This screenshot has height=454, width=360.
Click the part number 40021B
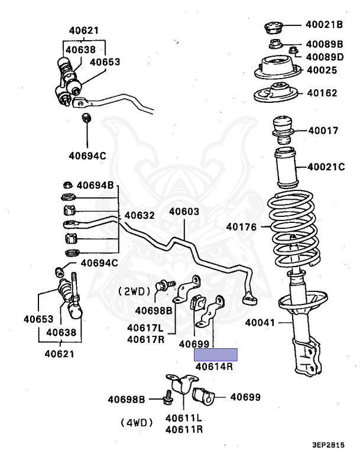[x=324, y=25]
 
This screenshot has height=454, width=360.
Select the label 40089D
[x=325, y=57]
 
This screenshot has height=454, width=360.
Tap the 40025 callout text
[x=321, y=70]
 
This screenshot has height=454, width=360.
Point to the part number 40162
[x=321, y=93]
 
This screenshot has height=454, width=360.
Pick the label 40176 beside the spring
[x=241, y=226]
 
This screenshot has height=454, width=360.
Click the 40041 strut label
[x=261, y=323]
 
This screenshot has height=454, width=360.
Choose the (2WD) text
[x=136, y=291]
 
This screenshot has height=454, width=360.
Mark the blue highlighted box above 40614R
[x=216, y=355]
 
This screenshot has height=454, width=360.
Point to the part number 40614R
[x=215, y=367]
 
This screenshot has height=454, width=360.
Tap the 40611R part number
[x=184, y=429]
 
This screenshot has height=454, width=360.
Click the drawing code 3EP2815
[x=328, y=445]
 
